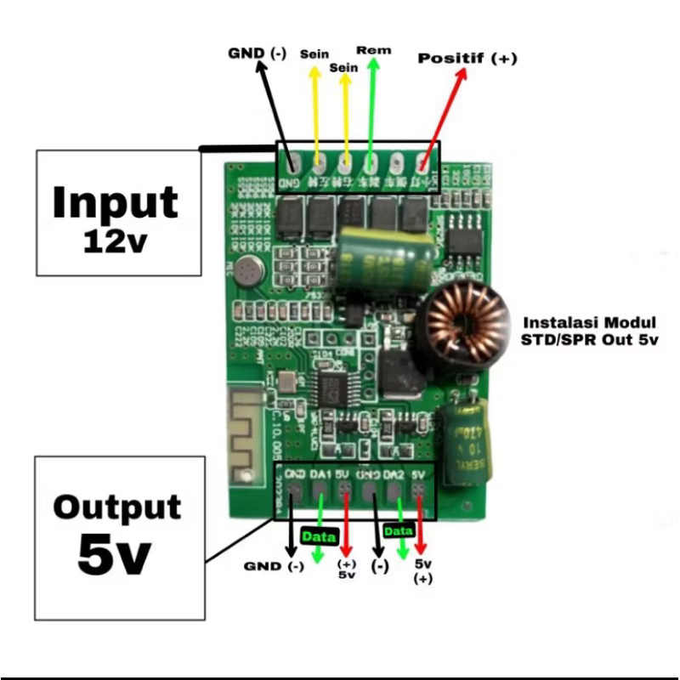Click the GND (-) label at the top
tap(257, 53)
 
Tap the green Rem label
tap(374, 50)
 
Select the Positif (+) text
tap(467, 59)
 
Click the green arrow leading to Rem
tap(372, 110)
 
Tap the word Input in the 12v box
tap(116, 202)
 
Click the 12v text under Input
tap(116, 241)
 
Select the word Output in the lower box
tap(117, 507)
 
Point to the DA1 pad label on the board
tap(320, 474)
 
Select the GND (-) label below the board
tap(273, 566)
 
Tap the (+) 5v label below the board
tap(346, 569)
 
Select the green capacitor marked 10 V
tap(463, 447)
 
